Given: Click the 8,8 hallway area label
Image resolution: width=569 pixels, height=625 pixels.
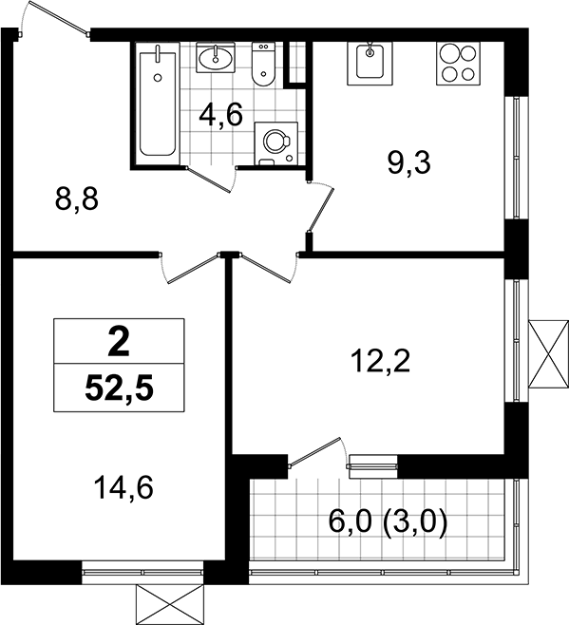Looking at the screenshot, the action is tap(77, 200).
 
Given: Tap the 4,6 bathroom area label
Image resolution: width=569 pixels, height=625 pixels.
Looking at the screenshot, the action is tap(220, 116).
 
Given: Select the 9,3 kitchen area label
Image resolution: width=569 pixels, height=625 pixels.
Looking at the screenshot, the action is tap(409, 163).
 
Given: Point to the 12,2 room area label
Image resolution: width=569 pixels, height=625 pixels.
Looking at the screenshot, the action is tap(380, 360).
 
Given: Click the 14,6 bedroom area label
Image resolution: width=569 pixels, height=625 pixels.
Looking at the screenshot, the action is tap(123, 488).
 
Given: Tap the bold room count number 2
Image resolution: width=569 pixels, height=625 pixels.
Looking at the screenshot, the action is tap(119, 342).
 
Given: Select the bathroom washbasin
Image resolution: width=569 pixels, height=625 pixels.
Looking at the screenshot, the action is tap(216, 58).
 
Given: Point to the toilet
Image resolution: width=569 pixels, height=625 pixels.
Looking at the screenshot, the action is tap(263, 65).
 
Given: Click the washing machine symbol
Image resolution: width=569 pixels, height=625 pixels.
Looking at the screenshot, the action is tap(275, 143).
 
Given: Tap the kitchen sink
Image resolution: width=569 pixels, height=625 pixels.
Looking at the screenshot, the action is tap(370, 63).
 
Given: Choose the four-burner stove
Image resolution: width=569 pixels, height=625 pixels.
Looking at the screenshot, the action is tap(458, 63).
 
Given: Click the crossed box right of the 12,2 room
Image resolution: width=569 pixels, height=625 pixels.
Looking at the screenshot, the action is tap(548, 353).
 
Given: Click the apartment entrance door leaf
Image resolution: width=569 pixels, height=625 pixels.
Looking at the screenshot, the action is tap(59, 17).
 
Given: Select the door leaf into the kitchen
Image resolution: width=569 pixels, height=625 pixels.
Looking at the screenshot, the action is tap(320, 211).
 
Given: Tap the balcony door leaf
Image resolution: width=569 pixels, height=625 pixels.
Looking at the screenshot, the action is tap(315, 451).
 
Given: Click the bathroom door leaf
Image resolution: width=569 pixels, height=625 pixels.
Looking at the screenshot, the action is tap(209, 180).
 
